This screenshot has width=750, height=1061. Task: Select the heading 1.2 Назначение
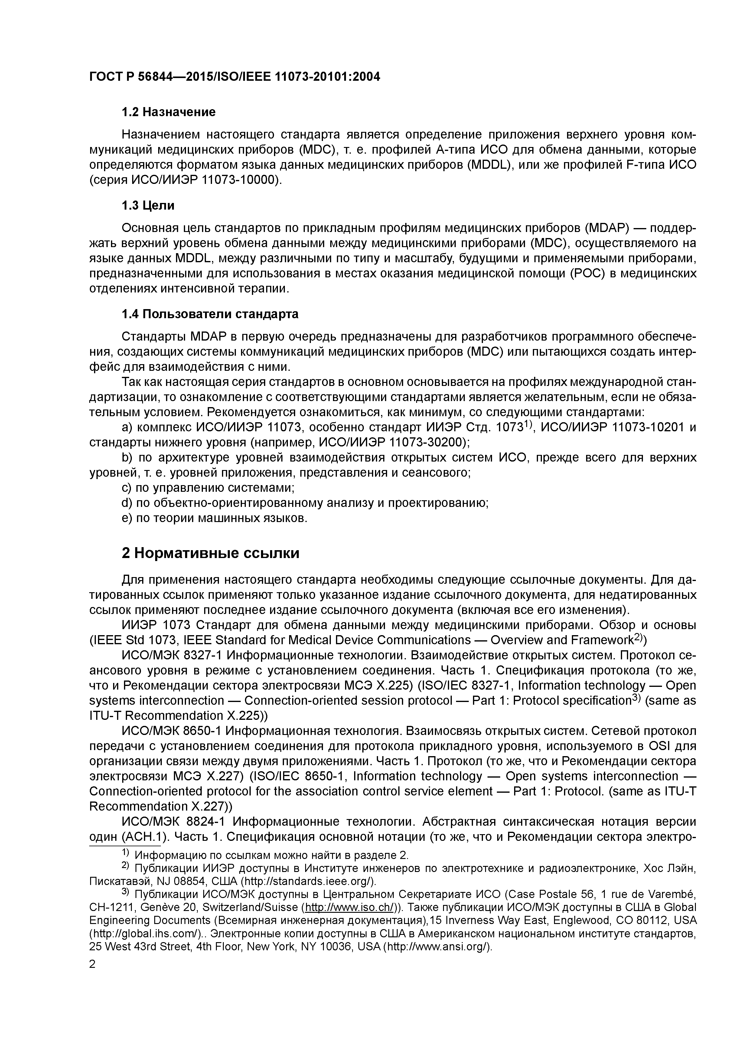[x=168, y=112]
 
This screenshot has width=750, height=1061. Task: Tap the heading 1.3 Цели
[x=148, y=205]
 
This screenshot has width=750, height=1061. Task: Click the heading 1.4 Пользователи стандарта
[x=210, y=314]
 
